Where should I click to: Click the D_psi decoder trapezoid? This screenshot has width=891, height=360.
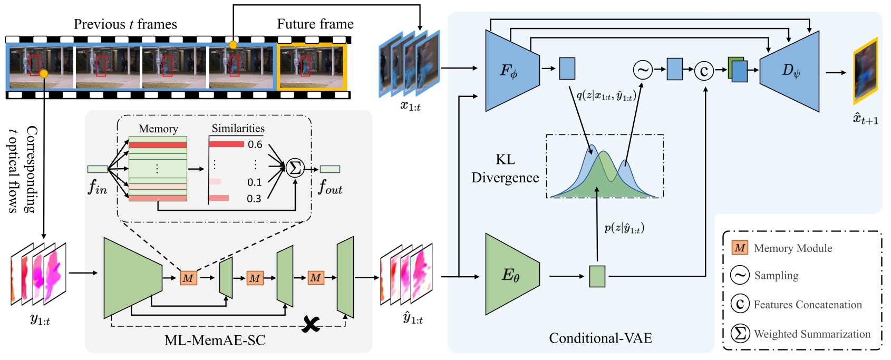[791, 71]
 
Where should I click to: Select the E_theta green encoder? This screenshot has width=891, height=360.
[510, 275]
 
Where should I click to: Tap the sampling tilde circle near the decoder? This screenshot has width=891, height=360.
[643, 70]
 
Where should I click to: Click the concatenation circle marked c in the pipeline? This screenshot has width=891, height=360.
[704, 70]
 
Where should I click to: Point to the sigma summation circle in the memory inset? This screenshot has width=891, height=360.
[295, 168]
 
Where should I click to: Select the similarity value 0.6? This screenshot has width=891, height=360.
[255, 144]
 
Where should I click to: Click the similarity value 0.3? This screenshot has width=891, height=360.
[254, 199]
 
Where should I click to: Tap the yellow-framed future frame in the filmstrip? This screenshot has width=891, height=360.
[312, 67]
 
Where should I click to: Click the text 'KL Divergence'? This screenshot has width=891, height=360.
[505, 169]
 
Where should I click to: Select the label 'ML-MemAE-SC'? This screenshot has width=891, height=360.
[215, 340]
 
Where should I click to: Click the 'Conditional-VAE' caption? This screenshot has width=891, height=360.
[600, 338]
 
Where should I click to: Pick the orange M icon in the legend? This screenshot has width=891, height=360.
[740, 248]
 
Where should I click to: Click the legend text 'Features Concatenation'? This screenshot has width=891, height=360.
[807, 305]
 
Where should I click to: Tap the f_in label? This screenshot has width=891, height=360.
[98, 187]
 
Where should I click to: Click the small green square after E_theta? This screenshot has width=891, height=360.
[597, 276]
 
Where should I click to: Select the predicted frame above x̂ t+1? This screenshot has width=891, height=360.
[865, 71]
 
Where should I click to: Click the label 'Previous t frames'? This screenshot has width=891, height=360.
[125, 24]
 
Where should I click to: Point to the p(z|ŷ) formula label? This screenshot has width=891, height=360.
[624, 228]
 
